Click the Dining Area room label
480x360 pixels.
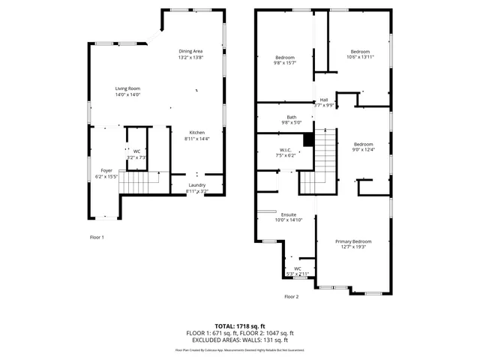click(190, 51)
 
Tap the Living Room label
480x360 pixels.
click(127, 88)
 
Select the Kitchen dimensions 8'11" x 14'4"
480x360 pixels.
click(196, 139)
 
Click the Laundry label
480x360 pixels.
click(196, 185)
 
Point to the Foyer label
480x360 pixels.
click(106, 170)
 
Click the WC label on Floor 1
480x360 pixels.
click(136, 151)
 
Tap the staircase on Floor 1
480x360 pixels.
click(139, 182)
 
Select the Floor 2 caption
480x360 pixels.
click(291, 297)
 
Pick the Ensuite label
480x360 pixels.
click(288, 214)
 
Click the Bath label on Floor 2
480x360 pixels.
click(291, 117)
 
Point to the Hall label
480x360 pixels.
click(324, 100)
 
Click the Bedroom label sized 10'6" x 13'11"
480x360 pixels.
click(360, 52)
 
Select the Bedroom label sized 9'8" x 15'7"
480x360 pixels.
click(285, 58)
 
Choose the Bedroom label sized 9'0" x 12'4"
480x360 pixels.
click(363, 144)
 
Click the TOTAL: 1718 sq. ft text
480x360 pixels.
click(240, 325)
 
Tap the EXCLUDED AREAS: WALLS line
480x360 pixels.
click(240, 340)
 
